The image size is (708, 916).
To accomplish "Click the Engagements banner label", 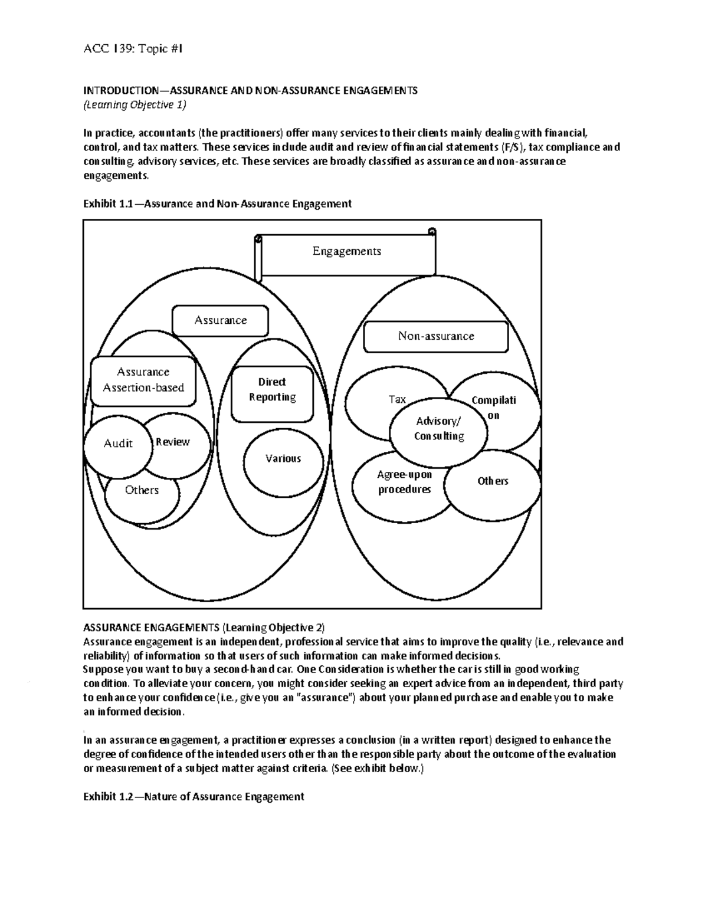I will [x=347, y=251].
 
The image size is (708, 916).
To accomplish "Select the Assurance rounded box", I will [x=220, y=320].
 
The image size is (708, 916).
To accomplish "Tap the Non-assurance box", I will [x=435, y=336].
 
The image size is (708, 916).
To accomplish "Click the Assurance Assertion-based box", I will [x=143, y=380].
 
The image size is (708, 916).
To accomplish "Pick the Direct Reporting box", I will [x=272, y=390].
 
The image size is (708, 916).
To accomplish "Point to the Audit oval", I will [x=117, y=444].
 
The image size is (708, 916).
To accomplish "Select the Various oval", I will [x=283, y=459].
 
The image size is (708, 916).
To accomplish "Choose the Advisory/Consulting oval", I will [x=439, y=429].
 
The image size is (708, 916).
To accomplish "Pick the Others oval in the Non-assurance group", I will [x=493, y=482].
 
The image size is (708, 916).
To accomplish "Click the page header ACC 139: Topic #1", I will [x=133, y=50].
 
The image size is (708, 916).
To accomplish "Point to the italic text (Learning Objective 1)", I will [x=135, y=105].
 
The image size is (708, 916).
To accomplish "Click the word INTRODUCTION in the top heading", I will [x=117, y=91].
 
